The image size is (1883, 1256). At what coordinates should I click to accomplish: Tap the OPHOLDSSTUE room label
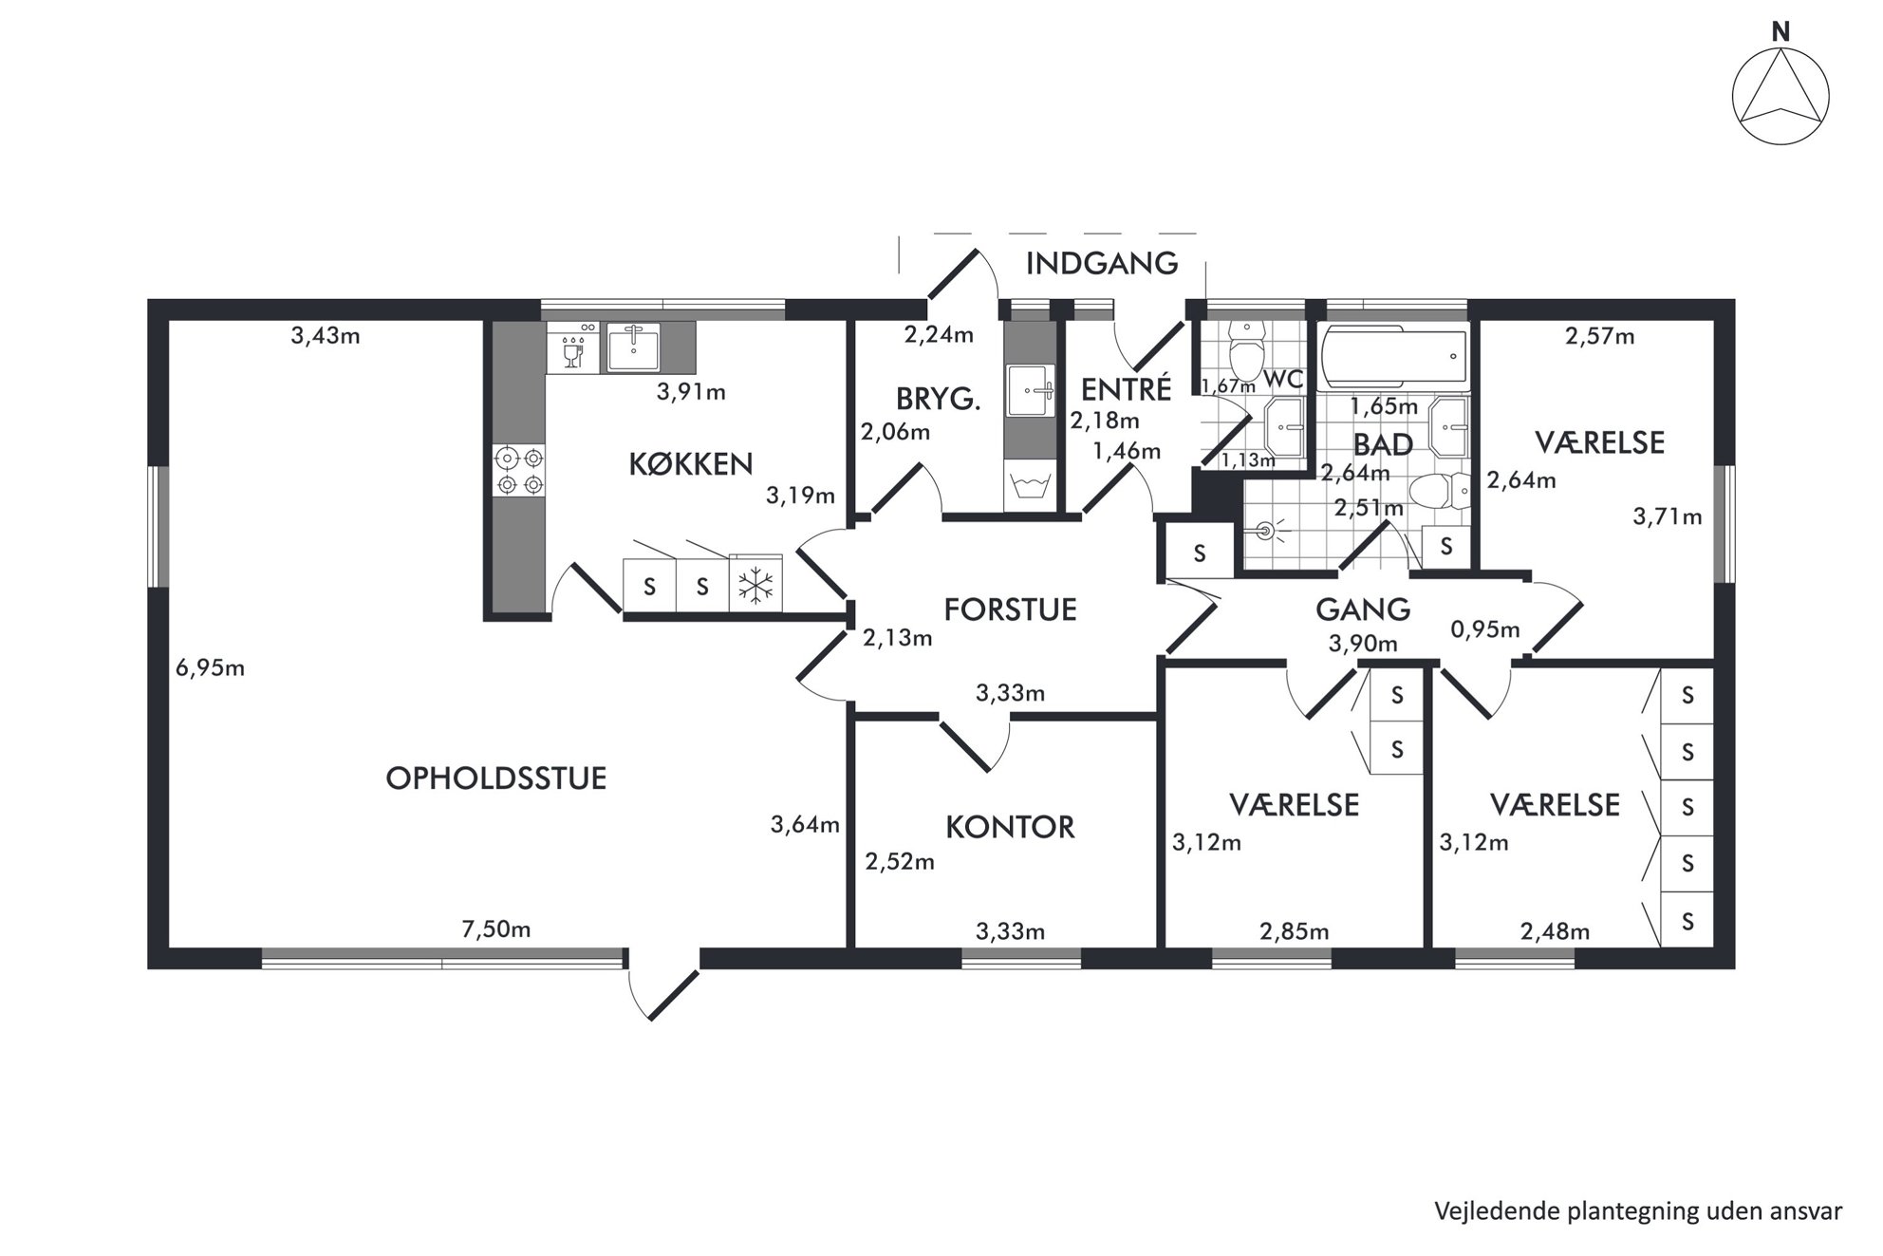click(495, 778)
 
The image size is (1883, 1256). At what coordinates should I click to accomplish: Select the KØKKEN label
click(690, 463)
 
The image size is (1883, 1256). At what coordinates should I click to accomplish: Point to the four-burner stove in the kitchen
click(519, 472)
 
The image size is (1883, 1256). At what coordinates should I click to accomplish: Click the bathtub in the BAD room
click(1393, 357)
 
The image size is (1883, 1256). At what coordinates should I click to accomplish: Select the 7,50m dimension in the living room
click(495, 928)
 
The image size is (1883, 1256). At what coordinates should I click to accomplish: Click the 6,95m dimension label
click(210, 667)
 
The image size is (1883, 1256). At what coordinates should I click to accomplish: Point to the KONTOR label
click(1010, 827)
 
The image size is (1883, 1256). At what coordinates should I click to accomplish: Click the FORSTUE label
click(1010, 609)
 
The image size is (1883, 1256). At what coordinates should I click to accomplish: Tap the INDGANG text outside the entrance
click(1102, 263)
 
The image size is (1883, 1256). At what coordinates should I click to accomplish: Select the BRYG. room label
click(938, 399)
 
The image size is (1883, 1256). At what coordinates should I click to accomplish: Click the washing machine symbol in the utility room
click(1030, 486)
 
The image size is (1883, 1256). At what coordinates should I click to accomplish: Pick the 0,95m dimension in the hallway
click(1485, 628)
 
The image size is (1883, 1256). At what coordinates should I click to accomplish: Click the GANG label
click(1363, 609)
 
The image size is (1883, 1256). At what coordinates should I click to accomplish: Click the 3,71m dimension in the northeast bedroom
click(1667, 516)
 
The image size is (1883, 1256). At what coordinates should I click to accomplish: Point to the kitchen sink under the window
click(633, 347)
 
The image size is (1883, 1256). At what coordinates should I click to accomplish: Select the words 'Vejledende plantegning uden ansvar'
click(1638, 1210)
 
